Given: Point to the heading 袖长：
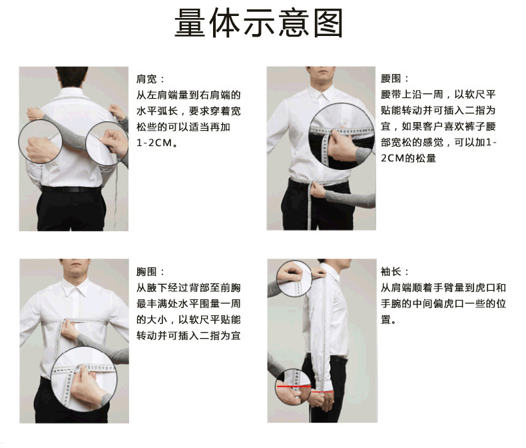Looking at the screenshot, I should pyautogui.click(x=395, y=272).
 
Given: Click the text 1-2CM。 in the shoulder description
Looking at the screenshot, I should pyautogui.click(x=156, y=143).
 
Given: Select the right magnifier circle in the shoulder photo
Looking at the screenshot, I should pyautogui.click(x=108, y=141).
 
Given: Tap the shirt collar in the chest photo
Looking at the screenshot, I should pyautogui.click(x=73, y=289).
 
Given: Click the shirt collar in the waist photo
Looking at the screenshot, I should pyautogui.click(x=322, y=96).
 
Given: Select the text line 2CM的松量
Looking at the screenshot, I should pyautogui.click(x=408, y=159).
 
